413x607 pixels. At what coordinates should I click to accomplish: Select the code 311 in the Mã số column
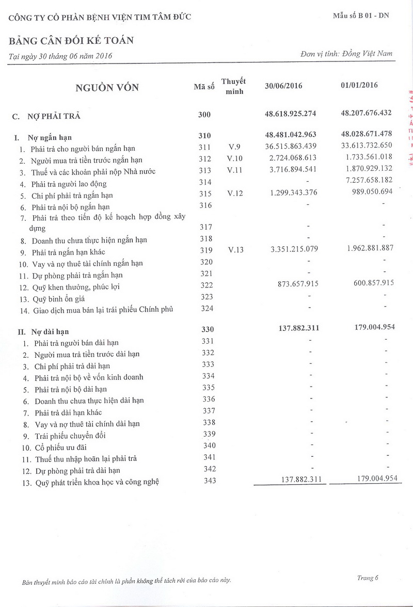click(x=205, y=147)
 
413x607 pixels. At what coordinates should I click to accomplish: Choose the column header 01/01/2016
click(x=359, y=85)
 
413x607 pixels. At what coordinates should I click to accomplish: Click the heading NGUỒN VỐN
click(x=107, y=87)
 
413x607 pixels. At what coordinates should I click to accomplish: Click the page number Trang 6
click(x=368, y=578)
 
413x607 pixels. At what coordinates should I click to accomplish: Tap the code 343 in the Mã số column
click(x=208, y=481)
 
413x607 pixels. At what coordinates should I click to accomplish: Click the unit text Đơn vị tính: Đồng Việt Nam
click(x=346, y=54)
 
